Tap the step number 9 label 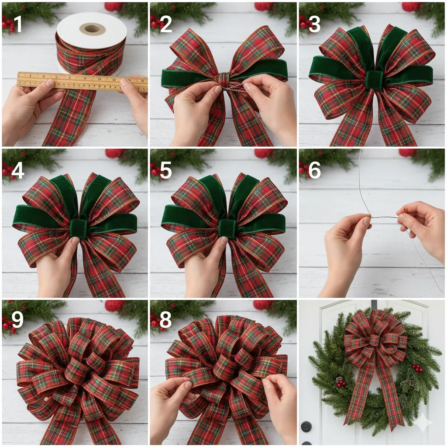17,320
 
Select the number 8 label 165,320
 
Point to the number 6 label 314,171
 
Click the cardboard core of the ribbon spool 92,29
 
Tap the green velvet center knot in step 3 374,81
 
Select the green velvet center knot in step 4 79,228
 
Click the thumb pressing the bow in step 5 224,241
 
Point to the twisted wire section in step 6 384,217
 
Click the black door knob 306,426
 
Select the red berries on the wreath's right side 418,368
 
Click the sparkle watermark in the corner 423,423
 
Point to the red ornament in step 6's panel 408,152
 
